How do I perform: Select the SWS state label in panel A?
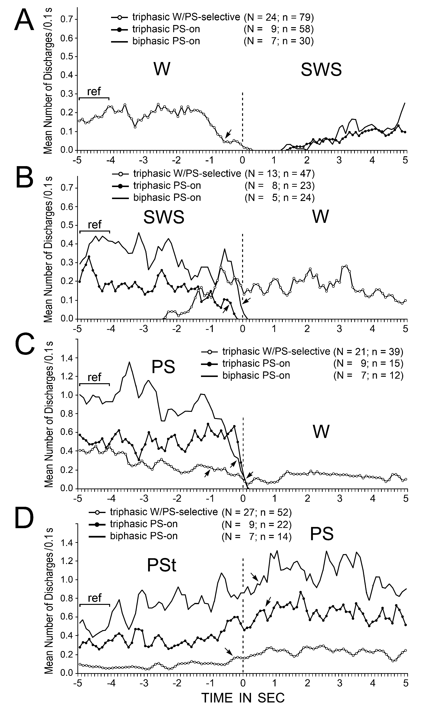321,69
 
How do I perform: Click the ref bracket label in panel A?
94,92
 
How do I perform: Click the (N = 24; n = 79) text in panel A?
278,17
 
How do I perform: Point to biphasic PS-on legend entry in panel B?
167,198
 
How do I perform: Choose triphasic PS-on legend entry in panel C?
256,363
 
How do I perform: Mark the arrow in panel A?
228,133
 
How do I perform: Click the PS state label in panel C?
163,367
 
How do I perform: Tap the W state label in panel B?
320,217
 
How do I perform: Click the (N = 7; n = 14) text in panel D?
256,536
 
